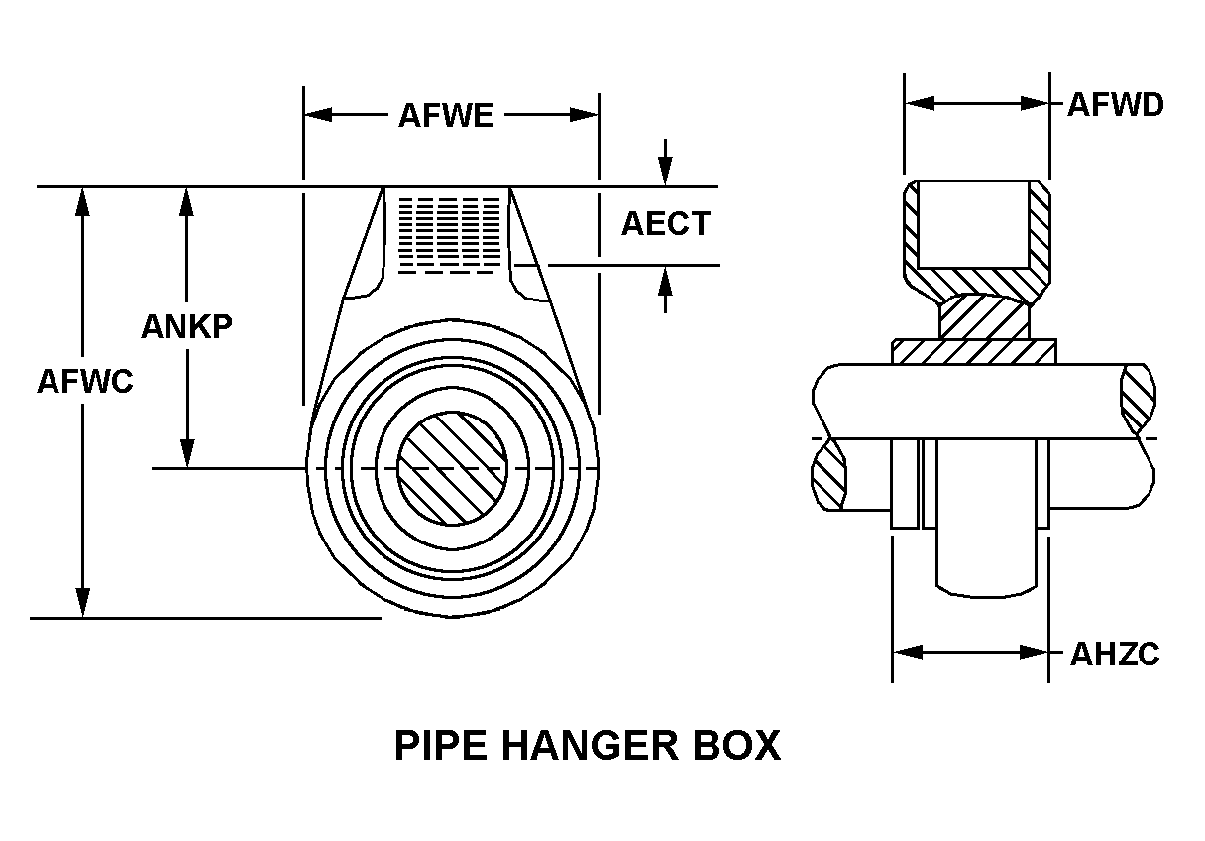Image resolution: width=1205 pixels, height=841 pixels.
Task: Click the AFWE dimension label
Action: point(445,116)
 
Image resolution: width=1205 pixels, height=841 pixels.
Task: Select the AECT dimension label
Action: point(666,224)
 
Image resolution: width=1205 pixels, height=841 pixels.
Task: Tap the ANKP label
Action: point(186,326)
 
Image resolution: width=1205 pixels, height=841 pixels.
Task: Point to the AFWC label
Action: point(84,381)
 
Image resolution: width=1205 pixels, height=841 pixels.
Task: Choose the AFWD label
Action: point(1115,104)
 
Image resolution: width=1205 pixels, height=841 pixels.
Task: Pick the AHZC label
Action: point(1115,654)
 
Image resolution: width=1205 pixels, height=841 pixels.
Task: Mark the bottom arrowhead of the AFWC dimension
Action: point(83,603)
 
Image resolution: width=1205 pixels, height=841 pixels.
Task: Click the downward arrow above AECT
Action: point(666,173)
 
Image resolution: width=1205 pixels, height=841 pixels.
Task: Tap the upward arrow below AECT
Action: point(666,280)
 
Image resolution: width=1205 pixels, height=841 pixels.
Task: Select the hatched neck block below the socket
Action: point(983,316)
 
